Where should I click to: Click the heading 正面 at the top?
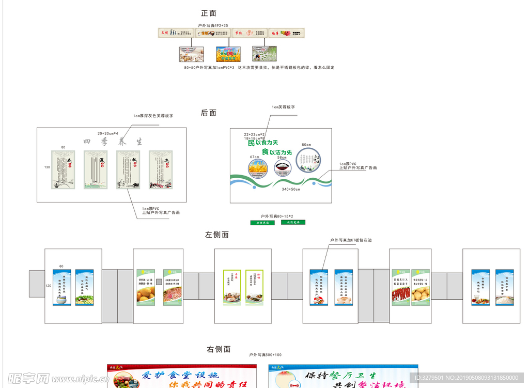tap(208, 13)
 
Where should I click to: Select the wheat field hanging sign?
tap(228, 54)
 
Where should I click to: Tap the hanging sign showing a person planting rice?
tap(264, 54)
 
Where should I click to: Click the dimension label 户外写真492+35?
tap(212, 24)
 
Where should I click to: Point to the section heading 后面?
tap(208, 113)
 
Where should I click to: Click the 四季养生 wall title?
tap(113, 142)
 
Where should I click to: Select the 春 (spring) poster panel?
tap(63, 169)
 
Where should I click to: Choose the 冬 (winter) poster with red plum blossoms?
tap(161, 169)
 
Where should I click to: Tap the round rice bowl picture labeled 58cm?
tap(282, 168)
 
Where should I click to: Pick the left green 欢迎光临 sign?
tap(262, 223)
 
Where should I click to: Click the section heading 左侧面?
tap(216, 235)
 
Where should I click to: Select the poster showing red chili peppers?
tap(400, 287)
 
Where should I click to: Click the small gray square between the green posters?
tap(159, 281)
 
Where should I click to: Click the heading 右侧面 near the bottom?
tap(219, 349)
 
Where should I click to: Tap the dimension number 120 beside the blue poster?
tap(49, 286)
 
